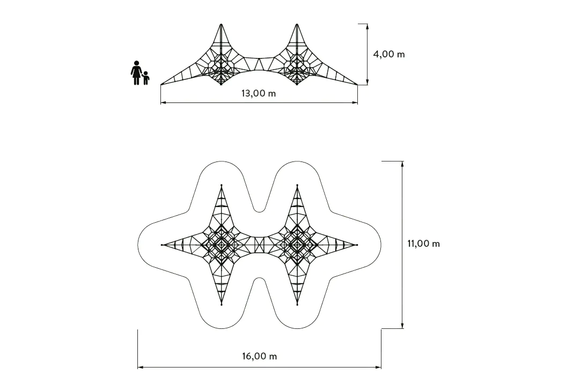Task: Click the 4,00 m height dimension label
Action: [389, 54]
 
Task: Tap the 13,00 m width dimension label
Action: [259, 93]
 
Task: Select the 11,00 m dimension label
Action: [423, 244]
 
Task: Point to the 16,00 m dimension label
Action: [260, 356]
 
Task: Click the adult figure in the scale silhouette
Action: [136, 73]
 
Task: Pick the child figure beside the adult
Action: [145, 78]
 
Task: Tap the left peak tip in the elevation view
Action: [221, 24]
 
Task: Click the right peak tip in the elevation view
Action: [297, 24]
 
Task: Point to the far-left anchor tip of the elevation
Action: [161, 85]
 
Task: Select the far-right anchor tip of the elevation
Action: [357, 85]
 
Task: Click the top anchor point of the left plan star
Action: [221, 185]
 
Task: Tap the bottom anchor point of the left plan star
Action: [221, 305]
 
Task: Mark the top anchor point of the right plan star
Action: [297, 185]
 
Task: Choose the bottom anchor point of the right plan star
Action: [297, 305]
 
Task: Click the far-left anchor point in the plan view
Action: [161, 245]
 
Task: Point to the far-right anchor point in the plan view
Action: [357, 245]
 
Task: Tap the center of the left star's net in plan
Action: [221, 244]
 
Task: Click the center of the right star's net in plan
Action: [297, 244]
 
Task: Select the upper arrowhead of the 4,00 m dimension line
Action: [368, 26]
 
